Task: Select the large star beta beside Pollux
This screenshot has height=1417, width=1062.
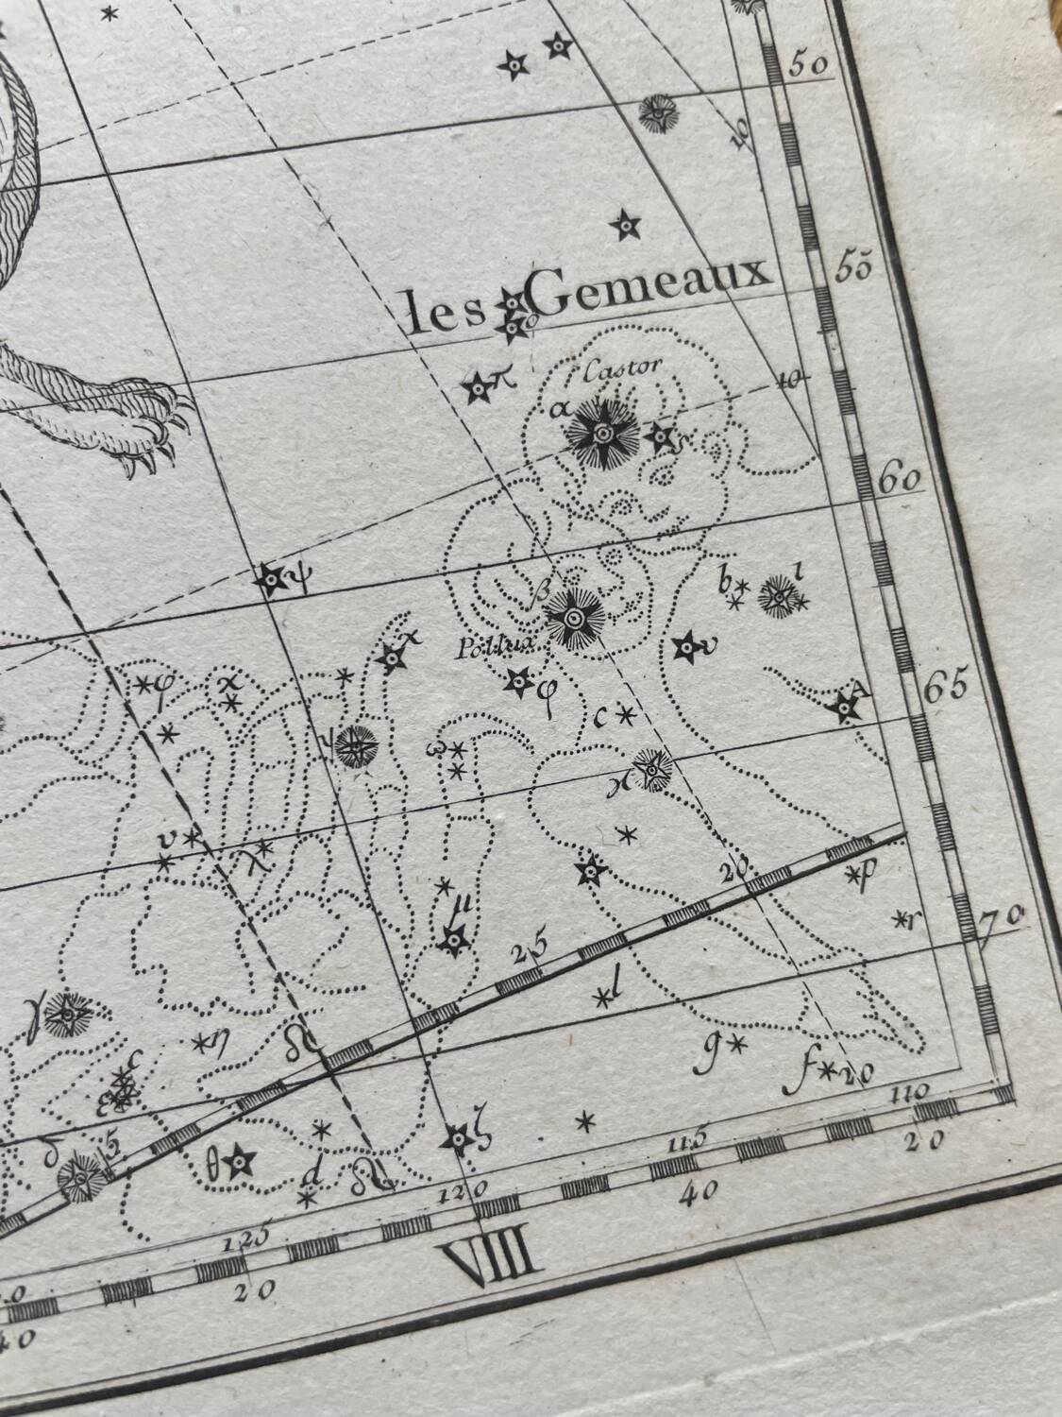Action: click(572, 617)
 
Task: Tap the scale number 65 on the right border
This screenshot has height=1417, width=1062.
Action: click(945, 688)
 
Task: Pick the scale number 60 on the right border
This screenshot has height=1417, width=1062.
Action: click(899, 478)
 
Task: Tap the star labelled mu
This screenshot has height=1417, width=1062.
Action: click(455, 939)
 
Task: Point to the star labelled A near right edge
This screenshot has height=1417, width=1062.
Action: click(845, 708)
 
